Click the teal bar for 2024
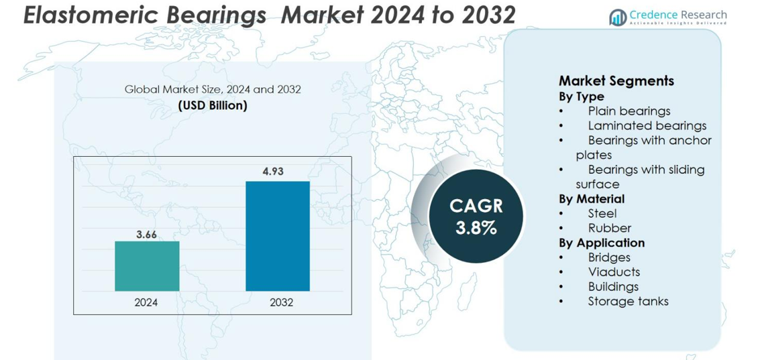(147, 265)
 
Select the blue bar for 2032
(278, 235)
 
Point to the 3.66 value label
(146, 234)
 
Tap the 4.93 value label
(273, 172)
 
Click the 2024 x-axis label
(146, 302)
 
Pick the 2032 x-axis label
(282, 302)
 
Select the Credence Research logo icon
(617, 17)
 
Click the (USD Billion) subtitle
(213, 105)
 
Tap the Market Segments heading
(616, 81)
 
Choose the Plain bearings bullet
(629, 111)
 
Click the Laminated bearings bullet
(647, 126)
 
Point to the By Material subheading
(592, 199)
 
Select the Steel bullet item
(602, 214)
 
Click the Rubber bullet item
(609, 229)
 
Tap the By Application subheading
(602, 243)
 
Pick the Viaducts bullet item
(613, 272)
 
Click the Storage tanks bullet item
(628, 302)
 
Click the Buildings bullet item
(613, 287)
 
